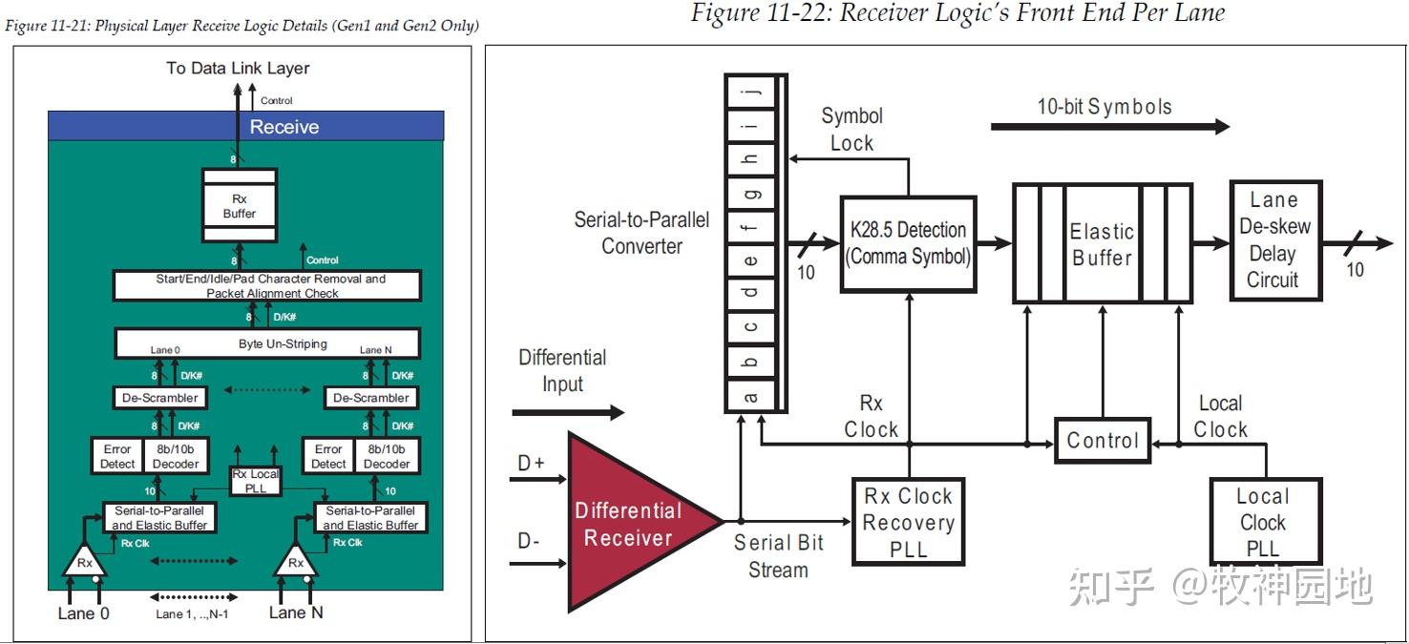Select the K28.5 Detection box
[908, 243]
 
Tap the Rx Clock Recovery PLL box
[908, 522]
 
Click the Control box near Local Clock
[1103, 441]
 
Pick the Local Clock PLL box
[1264, 522]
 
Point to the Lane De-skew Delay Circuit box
[1274, 240]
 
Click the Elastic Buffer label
[1102, 244]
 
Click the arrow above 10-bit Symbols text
[1109, 126]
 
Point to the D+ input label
[531, 464]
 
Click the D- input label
[529, 541]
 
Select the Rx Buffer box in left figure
[240, 206]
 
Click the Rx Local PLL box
[256, 481]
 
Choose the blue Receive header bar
[246, 127]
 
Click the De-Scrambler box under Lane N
[371, 398]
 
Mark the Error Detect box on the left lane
[117, 456]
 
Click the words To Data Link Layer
[238, 69]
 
